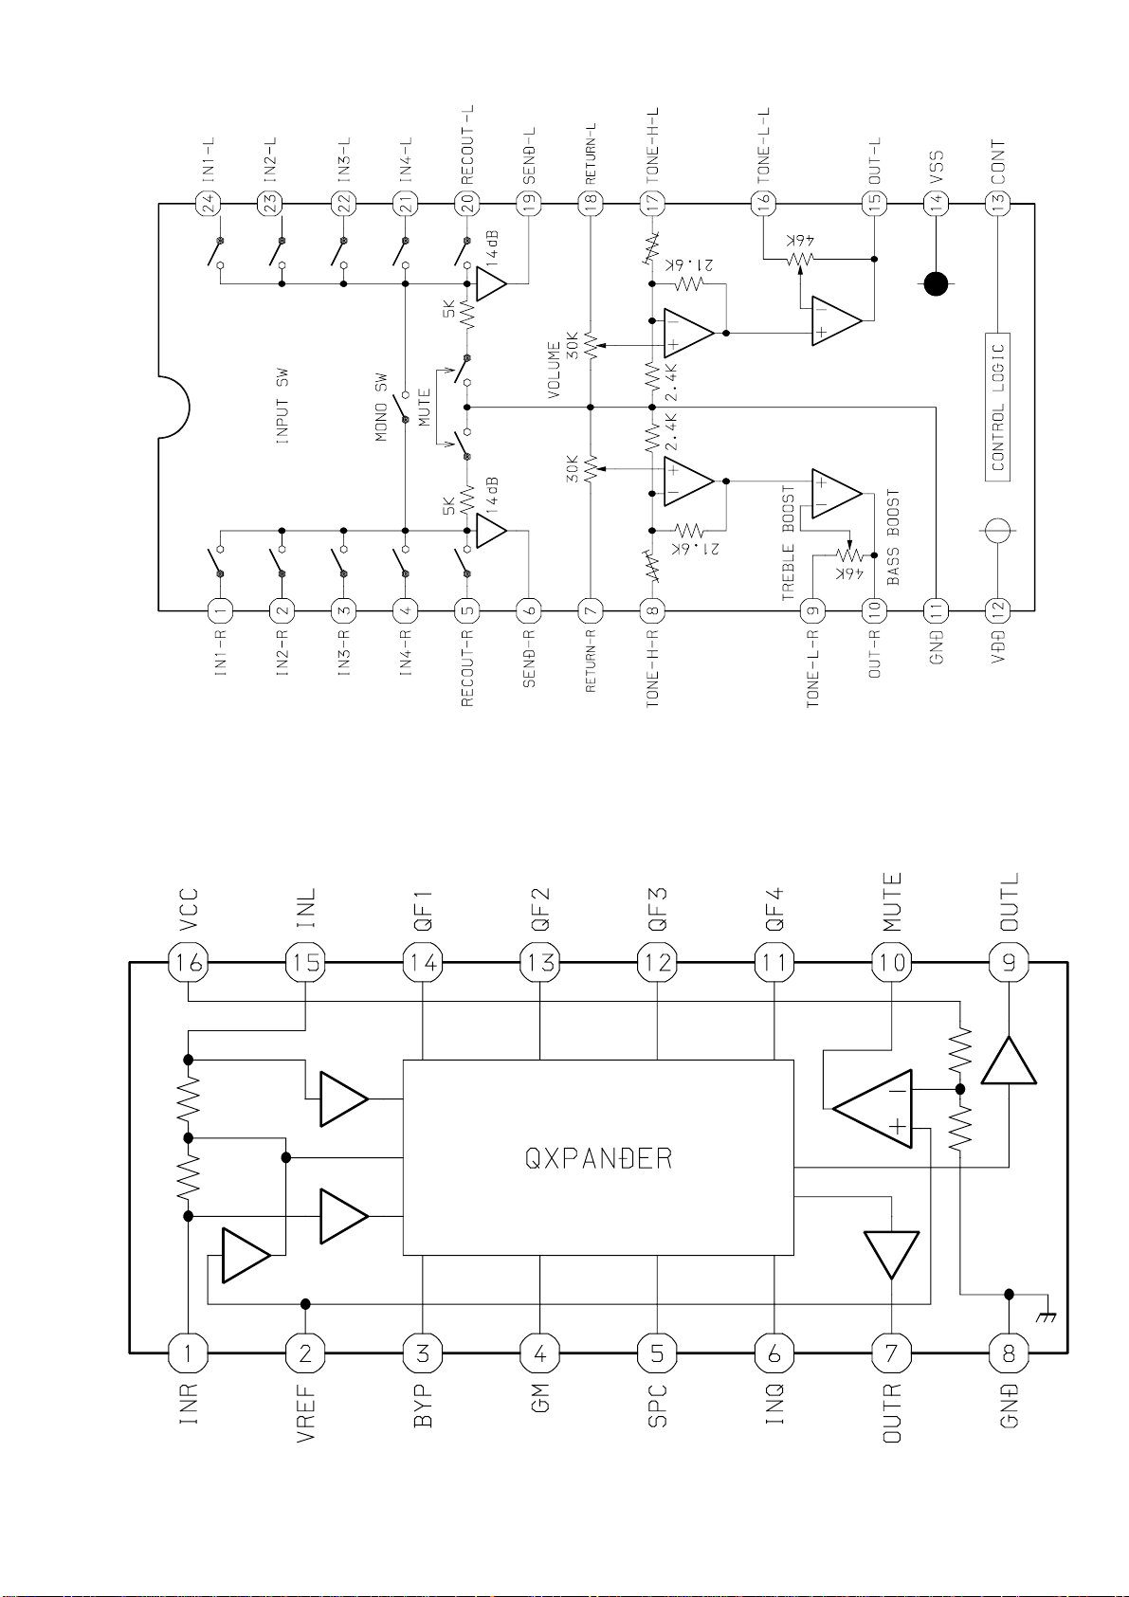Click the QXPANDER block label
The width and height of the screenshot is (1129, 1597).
pos(598,1158)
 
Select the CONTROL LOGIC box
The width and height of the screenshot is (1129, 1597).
pos(997,407)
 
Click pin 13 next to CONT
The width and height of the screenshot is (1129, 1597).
pos(997,202)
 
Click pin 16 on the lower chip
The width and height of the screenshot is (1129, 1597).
pos(188,963)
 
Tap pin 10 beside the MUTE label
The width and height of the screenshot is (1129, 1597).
pos(892,963)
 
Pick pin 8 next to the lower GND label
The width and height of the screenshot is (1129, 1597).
pos(1009,1353)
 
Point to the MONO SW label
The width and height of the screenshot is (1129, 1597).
pos(381,408)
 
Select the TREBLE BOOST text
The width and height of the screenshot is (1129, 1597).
pos(789,543)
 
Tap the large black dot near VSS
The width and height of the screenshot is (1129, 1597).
pos(937,283)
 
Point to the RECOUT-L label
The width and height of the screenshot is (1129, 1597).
pos(467,144)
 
